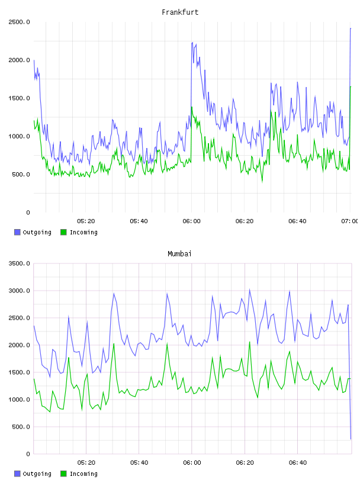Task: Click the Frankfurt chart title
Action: [180, 12]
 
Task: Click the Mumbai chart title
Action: [179, 254]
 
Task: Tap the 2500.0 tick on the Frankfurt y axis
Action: [19, 22]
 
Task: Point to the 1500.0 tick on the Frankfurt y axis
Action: [19, 98]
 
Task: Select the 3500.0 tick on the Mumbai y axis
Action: [19, 263]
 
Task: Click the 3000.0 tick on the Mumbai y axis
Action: [19, 291]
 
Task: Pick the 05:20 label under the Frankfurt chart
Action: [86, 221]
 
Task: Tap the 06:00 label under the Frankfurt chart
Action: [191, 221]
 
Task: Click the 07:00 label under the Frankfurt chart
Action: [350, 221]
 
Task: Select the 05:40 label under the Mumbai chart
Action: [139, 463]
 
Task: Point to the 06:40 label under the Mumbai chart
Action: [298, 463]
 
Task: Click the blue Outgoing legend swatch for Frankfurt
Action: [17, 232]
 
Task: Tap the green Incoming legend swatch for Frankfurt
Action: [63, 232]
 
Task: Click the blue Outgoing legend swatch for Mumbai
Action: [17, 474]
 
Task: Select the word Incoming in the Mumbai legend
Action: [84, 474]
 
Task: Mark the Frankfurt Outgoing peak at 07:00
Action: [351, 28]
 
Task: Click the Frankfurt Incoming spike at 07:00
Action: [351, 86]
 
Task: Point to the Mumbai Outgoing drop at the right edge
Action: [351, 439]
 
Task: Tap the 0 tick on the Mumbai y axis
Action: [28, 454]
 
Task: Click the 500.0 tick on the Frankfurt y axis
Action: [21, 175]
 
